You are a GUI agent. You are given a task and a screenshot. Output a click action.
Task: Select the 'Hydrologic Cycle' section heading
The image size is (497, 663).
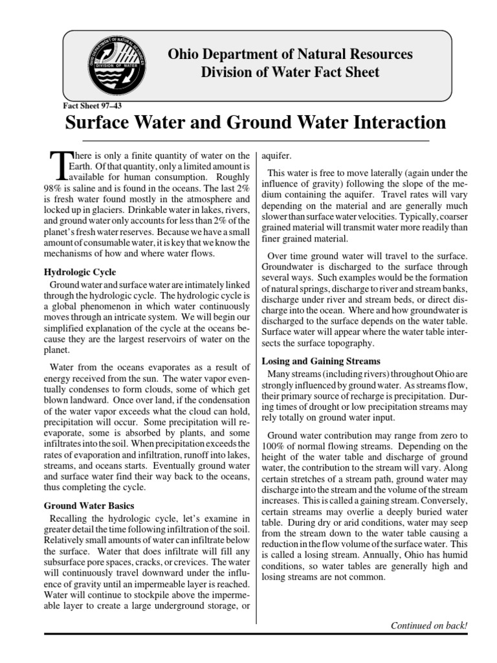pos(80,272)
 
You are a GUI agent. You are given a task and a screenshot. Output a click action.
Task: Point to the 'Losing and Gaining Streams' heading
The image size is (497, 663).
pos(320,361)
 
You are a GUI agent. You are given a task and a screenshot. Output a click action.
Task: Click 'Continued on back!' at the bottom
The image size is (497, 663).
pos(428,625)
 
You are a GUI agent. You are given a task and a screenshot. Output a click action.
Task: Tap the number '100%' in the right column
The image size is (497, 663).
pos(273,447)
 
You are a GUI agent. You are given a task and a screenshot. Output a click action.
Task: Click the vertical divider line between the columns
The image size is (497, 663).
pos(256,388)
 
